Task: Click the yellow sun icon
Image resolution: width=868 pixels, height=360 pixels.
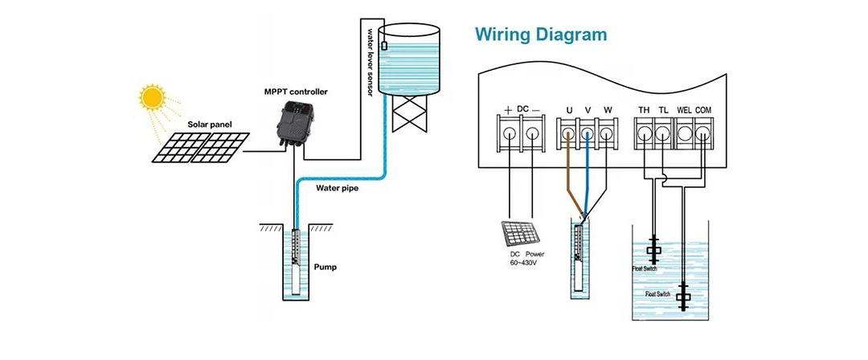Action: coord(152,97)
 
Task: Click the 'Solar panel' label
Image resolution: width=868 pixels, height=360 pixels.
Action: coord(210,125)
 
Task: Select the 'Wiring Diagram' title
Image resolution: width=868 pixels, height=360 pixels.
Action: coord(541,35)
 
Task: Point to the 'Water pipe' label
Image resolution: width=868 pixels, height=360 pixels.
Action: coord(337,188)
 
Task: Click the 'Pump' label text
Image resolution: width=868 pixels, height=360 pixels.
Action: coord(325,267)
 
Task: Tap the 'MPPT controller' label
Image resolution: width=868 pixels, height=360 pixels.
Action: coord(296,92)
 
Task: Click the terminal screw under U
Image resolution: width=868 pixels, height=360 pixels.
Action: coord(568,133)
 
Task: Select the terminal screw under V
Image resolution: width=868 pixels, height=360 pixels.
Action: coord(588,133)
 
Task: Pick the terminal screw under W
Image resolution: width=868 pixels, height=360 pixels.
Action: coord(607,133)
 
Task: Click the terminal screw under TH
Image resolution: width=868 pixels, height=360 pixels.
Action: coord(645,133)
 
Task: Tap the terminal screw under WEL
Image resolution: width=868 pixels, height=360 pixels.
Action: coord(684,133)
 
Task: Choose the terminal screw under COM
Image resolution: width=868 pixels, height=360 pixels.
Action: coord(703,133)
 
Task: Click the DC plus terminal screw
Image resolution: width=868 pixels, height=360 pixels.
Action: coord(510,133)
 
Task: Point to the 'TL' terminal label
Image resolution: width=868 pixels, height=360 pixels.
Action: coord(664,110)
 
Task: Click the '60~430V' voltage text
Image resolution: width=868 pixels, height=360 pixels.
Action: coord(523,262)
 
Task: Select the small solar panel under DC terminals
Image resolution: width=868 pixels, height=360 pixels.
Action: coord(520,234)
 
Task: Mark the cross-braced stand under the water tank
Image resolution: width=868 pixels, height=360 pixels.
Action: coord(410,113)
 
